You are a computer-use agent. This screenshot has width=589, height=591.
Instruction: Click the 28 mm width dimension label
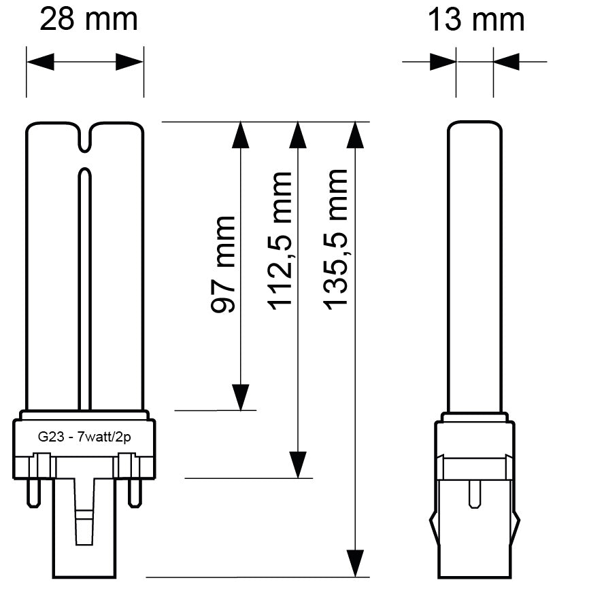(88, 20)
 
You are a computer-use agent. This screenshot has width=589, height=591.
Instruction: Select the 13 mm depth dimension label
(476, 20)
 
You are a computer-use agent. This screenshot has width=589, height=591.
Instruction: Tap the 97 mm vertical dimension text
(224, 264)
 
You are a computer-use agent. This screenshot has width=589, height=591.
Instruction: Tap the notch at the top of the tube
(85, 137)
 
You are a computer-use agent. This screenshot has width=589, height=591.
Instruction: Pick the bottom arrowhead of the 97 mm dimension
(240, 397)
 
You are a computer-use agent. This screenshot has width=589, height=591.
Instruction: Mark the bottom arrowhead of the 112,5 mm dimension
(297, 465)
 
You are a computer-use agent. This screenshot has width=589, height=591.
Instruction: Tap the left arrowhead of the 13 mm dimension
(443, 62)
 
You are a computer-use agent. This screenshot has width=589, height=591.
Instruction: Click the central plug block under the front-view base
(84, 526)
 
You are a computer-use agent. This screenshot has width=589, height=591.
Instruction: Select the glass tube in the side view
(475, 265)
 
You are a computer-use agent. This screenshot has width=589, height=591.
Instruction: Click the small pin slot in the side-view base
(475, 495)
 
